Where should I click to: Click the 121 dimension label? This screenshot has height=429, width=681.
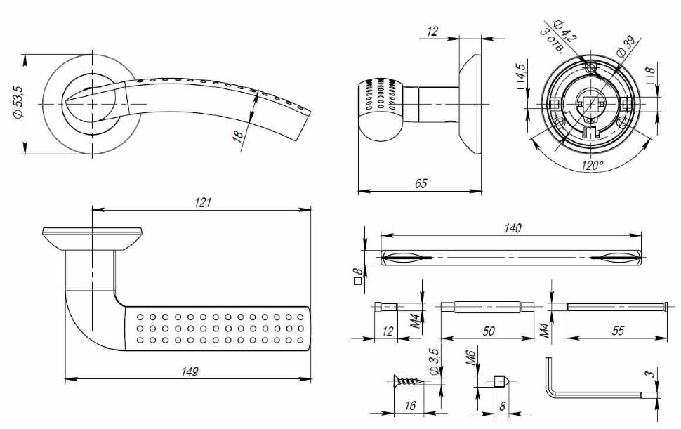[x=203, y=202]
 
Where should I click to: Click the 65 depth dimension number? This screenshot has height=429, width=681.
[x=420, y=183]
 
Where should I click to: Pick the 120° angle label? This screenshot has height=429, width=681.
[x=591, y=166]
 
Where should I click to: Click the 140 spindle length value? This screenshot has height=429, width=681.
[x=512, y=228]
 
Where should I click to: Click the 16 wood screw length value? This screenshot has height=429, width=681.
[x=410, y=406]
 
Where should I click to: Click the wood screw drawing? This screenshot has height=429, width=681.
[x=405, y=382]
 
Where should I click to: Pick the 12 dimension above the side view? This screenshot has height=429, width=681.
[x=432, y=31]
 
